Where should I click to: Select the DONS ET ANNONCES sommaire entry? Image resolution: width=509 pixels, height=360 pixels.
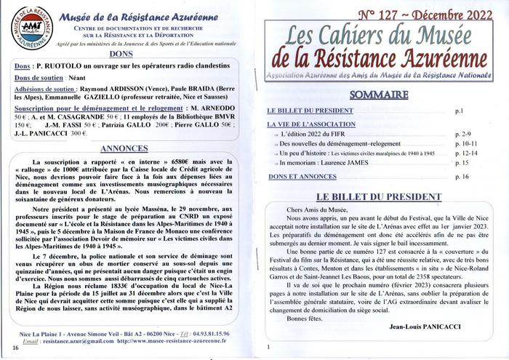(297, 177)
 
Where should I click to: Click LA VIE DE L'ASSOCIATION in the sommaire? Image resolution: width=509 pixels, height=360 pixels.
(310, 124)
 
